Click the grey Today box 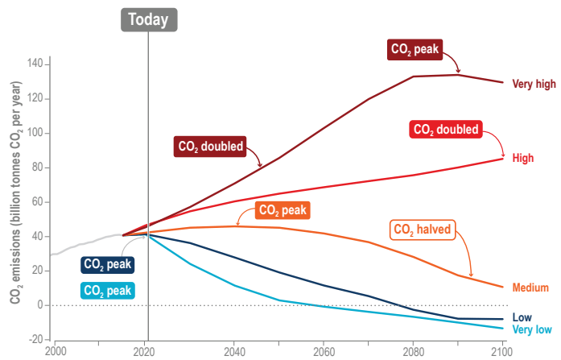pyautogui.click(x=148, y=20)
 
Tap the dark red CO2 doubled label pyautogui.click(x=208, y=147)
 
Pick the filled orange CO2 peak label pyautogui.click(x=283, y=210)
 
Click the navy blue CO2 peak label pyautogui.click(x=107, y=263)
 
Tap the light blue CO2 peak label pyautogui.click(x=107, y=290)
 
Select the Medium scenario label pyautogui.click(x=530, y=288)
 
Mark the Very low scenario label pyautogui.click(x=531, y=330)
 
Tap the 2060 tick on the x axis pyautogui.click(x=324, y=352)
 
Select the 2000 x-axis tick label pyautogui.click(x=56, y=352)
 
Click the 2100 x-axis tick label pyautogui.click(x=502, y=352)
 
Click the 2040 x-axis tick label pyautogui.click(x=235, y=352)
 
